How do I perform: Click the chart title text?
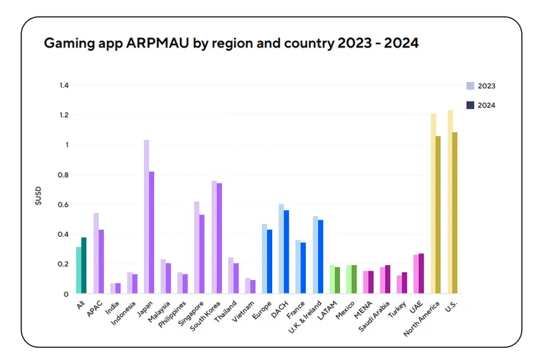click(x=231, y=43)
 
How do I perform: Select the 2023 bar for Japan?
click(x=146, y=216)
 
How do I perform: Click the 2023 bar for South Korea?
click(x=214, y=237)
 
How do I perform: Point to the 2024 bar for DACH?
click(x=287, y=251)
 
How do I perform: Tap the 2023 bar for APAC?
click(x=96, y=253)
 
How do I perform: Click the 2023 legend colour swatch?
click(x=470, y=86)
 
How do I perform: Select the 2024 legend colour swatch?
click(x=470, y=105)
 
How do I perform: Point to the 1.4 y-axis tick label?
click(x=63, y=85)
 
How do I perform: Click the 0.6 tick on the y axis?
click(x=63, y=204)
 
